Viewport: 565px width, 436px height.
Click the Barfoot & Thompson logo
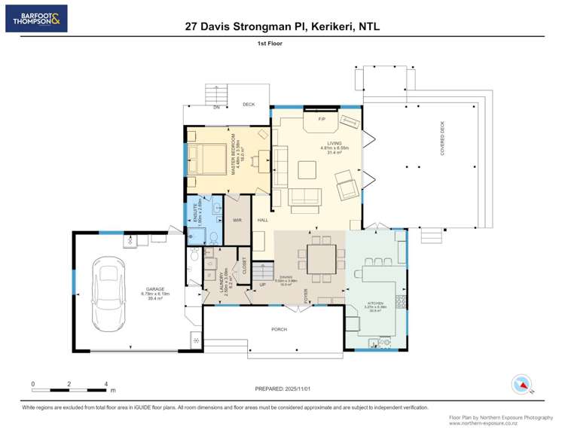(x=37, y=19)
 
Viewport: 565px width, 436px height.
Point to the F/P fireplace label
(x=321, y=120)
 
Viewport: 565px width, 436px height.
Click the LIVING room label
(x=334, y=143)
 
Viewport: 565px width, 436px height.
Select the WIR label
(x=237, y=220)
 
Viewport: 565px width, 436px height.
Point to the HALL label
(x=263, y=220)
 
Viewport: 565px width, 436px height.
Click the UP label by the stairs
(x=262, y=285)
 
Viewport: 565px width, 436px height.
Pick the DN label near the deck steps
(x=216, y=108)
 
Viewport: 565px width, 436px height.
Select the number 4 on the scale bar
(x=106, y=383)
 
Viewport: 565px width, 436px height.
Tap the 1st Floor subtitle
(x=270, y=44)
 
